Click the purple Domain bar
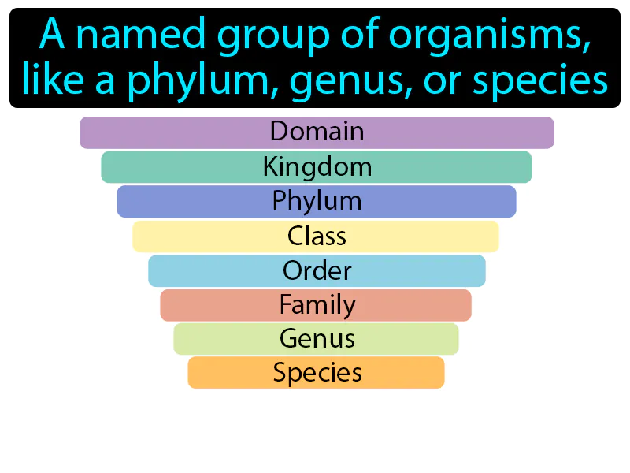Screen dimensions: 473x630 click(x=317, y=132)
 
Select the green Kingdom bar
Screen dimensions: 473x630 click(x=317, y=167)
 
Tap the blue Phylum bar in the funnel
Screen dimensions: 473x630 click(x=317, y=201)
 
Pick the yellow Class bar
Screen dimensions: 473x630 click(x=316, y=236)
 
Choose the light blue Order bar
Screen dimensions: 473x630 click(x=317, y=270)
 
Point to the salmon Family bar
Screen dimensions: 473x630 click(x=316, y=304)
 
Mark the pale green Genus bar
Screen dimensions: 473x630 click(x=316, y=339)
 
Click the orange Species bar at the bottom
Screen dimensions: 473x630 click(x=316, y=373)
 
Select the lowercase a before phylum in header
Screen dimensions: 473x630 click(x=105, y=80)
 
